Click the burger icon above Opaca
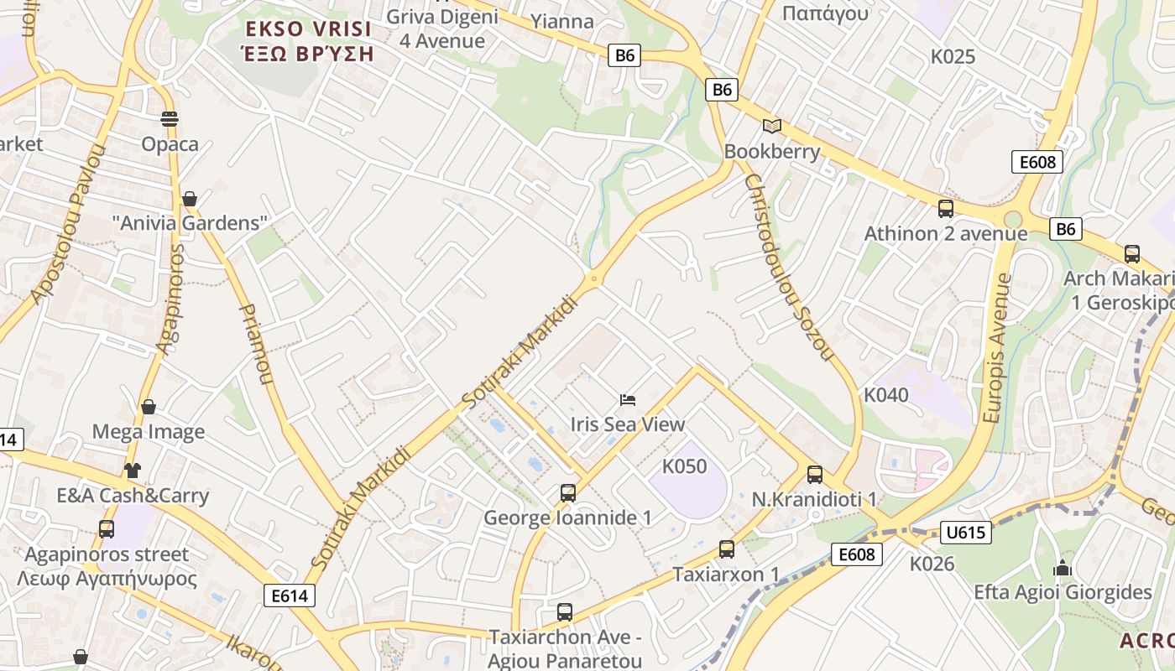[x=170, y=119]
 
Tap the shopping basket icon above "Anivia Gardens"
[x=190, y=199]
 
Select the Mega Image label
[x=149, y=432]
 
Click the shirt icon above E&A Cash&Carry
[x=133, y=470]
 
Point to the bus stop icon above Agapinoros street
[x=107, y=529]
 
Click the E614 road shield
[x=290, y=596]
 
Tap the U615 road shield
[x=967, y=532]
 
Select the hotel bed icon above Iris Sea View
[x=628, y=399]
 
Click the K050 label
[x=685, y=466]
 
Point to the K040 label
[x=886, y=394]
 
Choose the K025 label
[x=953, y=57]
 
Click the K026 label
[x=932, y=564]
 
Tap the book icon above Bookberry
[x=771, y=126]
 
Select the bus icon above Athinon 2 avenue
[x=946, y=209]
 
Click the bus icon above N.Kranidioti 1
[x=814, y=475]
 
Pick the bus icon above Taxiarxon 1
[x=727, y=549]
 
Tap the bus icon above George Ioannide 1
[x=568, y=493]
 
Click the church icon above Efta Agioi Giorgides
[x=1063, y=568]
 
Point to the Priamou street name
[x=257, y=344]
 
